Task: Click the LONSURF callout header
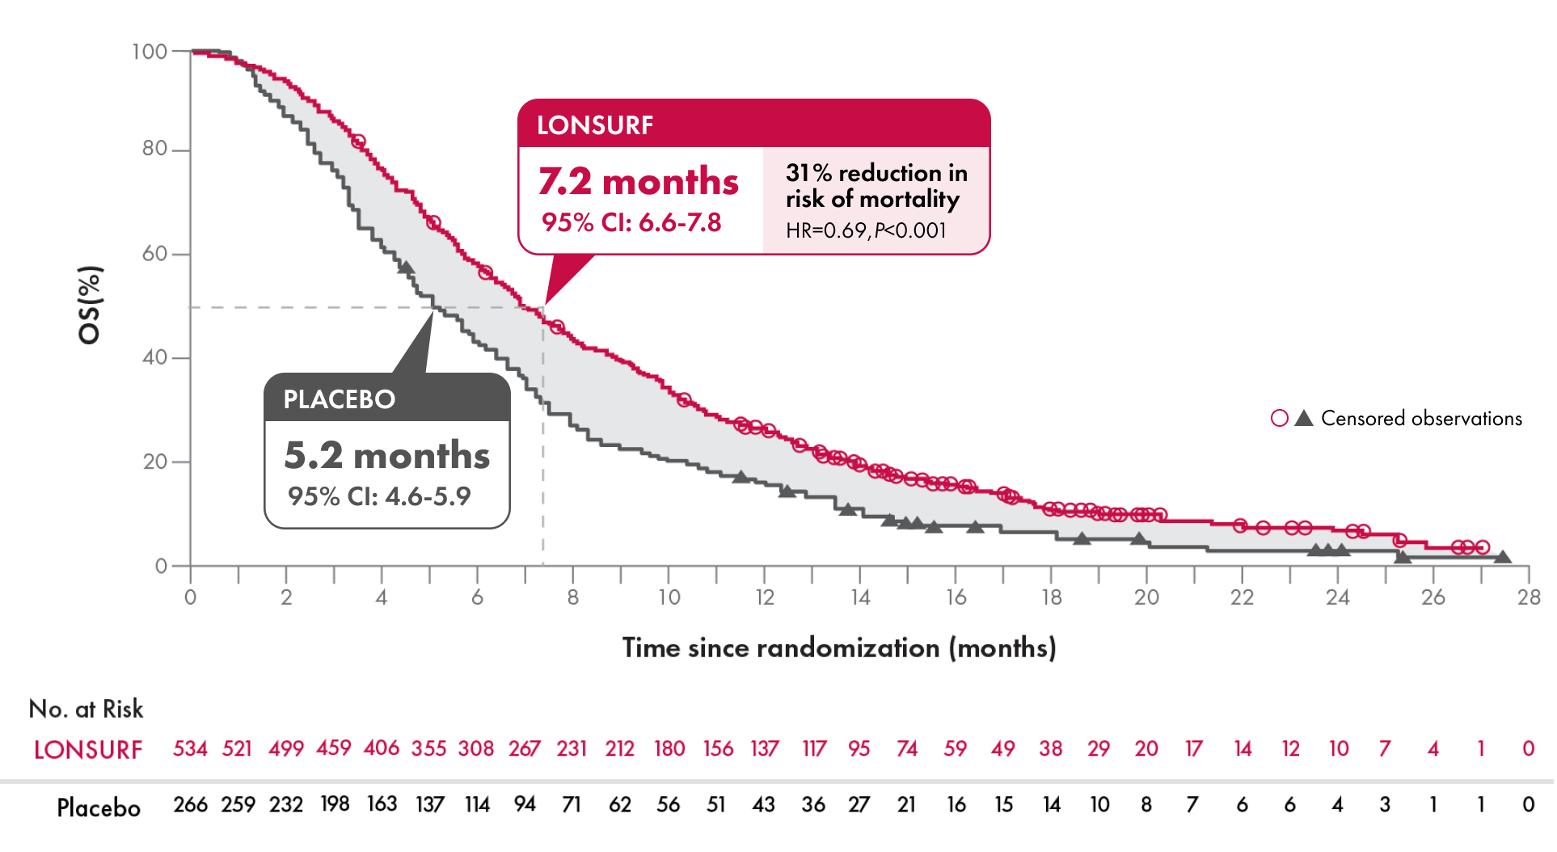(x=595, y=124)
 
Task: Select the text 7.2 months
(x=639, y=181)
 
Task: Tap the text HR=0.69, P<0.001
(x=866, y=230)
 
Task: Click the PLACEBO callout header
(x=340, y=399)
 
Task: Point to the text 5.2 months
(x=387, y=455)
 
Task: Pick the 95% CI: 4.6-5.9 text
(x=379, y=496)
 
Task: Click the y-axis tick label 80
(x=154, y=149)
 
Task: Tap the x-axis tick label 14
(x=860, y=597)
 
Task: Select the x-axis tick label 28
(x=1528, y=597)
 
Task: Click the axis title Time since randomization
(x=838, y=647)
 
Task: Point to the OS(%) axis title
(x=90, y=305)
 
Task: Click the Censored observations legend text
(x=1421, y=418)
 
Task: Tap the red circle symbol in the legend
(x=1279, y=418)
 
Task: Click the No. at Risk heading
(x=86, y=709)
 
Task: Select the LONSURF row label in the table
(x=88, y=749)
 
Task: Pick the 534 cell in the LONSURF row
(x=190, y=749)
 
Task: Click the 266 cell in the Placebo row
(x=190, y=805)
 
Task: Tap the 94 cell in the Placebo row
(x=525, y=804)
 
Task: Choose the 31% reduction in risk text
(x=876, y=185)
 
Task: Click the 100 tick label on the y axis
(x=149, y=52)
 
